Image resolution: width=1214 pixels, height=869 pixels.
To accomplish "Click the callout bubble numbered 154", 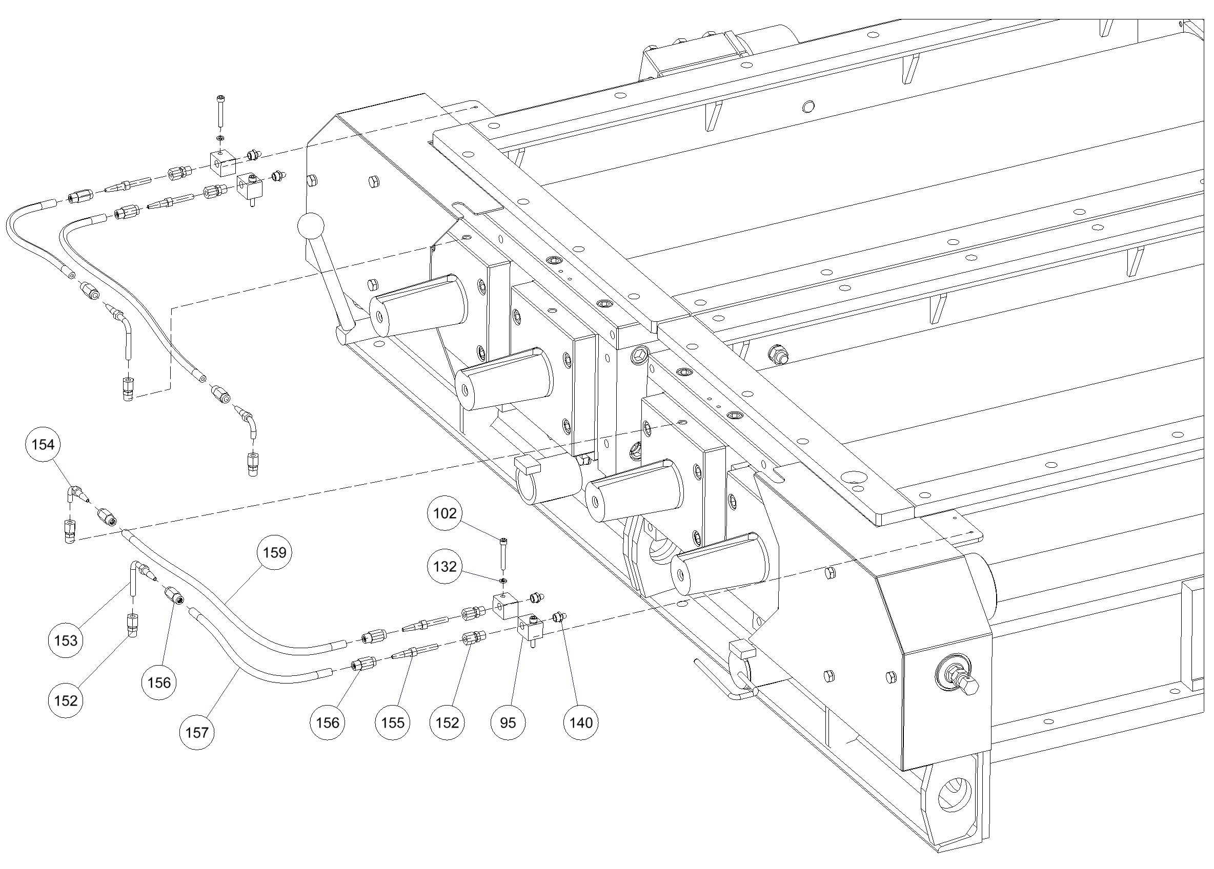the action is pyautogui.click(x=44, y=444).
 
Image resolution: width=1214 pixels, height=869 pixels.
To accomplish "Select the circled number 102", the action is pyautogui.click(x=445, y=513).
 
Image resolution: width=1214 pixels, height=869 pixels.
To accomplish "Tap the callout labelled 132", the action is pyautogui.click(x=445, y=566).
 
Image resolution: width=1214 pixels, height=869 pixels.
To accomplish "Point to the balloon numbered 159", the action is pyautogui.click(x=275, y=552).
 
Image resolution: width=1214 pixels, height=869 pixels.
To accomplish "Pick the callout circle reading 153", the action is pyautogui.click(x=66, y=640).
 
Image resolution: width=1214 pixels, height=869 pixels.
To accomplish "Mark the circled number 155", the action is pyautogui.click(x=393, y=722).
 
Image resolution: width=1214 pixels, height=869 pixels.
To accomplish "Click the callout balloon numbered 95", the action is pyautogui.click(x=508, y=722).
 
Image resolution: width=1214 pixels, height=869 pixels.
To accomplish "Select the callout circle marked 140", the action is pyautogui.click(x=581, y=722).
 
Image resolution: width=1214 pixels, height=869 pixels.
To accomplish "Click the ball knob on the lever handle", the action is pyautogui.click(x=311, y=227).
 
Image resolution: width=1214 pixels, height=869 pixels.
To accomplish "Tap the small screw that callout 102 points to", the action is pyautogui.click(x=503, y=554).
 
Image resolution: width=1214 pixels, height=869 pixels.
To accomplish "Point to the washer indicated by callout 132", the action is pyautogui.click(x=503, y=581).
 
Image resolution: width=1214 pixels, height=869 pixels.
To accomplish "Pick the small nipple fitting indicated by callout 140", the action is pyautogui.click(x=559, y=617).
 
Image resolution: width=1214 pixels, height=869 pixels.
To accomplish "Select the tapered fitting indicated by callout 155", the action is pyautogui.click(x=415, y=653).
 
